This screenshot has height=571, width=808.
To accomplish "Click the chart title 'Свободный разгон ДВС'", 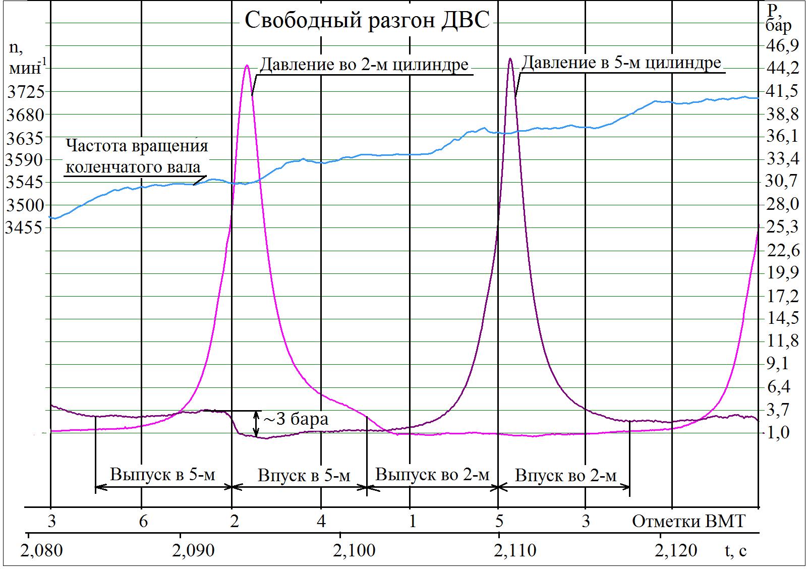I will click(367, 21).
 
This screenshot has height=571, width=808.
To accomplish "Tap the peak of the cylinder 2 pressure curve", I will click(247, 66).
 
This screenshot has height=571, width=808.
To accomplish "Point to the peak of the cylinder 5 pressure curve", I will click(510, 59).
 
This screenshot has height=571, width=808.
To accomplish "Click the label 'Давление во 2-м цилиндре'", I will click(364, 65).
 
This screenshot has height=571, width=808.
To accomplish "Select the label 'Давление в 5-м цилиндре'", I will click(621, 63).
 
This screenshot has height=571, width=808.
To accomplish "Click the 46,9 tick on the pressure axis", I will click(782, 45).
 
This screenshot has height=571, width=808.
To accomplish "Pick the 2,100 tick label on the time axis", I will click(357, 550).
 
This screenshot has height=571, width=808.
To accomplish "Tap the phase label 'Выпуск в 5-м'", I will click(162, 475).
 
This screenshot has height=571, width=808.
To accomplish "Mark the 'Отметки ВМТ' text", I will click(688, 521).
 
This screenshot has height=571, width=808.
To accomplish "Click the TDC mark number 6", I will click(143, 521).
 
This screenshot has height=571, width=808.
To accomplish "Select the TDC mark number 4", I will click(322, 521).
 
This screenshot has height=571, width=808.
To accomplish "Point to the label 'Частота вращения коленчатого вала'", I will click(136, 156).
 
